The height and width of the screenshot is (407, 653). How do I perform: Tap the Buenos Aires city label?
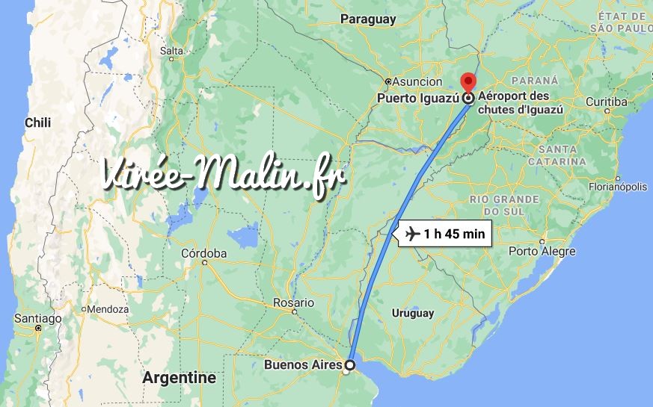point(303,365)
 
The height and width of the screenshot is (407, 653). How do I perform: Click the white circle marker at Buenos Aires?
point(349,365)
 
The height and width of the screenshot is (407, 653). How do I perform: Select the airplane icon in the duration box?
point(411,234)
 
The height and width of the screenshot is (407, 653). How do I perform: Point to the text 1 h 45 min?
point(454,234)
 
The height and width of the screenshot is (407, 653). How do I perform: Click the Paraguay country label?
point(368,20)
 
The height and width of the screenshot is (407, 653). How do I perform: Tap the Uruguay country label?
point(413,313)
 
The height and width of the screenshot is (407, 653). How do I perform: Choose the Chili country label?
point(37,122)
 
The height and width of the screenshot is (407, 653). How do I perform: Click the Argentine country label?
point(180,378)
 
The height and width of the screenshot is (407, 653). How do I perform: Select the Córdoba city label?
point(203,253)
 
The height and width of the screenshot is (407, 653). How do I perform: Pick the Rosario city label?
point(293,302)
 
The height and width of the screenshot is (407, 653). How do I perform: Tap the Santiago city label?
point(37,318)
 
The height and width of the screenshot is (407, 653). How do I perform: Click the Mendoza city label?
point(108,308)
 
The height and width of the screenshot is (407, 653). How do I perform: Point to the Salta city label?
point(171,51)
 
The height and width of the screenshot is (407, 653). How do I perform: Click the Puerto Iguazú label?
point(417,98)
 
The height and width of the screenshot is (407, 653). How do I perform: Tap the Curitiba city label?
point(607,102)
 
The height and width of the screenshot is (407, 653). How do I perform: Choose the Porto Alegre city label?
point(542,251)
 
